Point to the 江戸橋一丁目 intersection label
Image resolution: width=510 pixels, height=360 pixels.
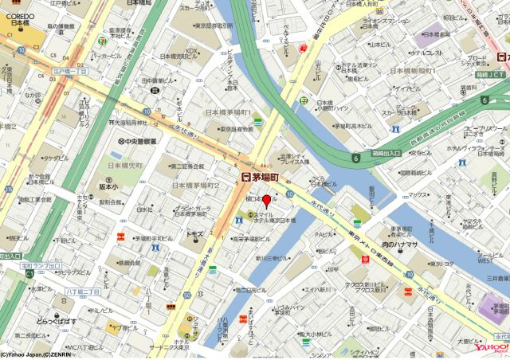coord(72,71)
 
